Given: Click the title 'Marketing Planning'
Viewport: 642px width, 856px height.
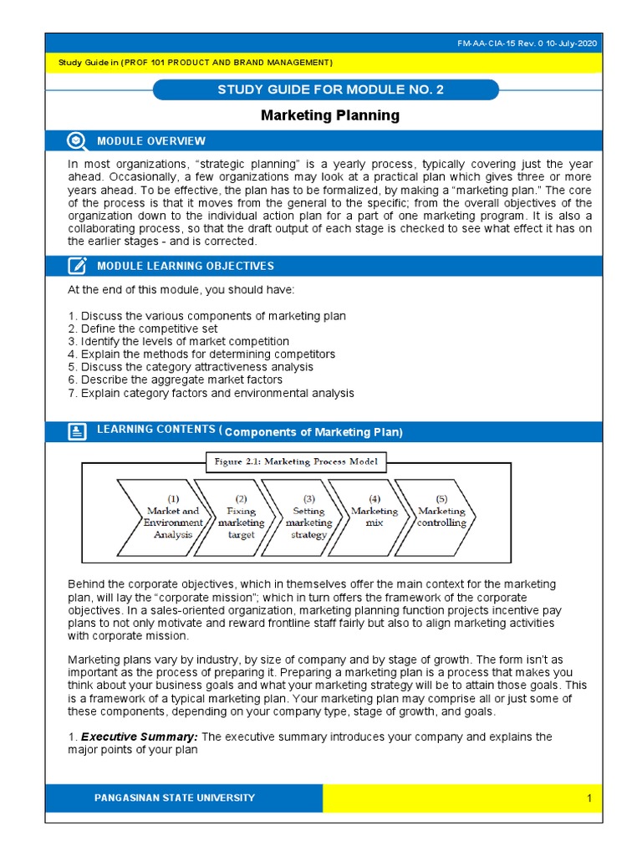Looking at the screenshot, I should click(x=330, y=115).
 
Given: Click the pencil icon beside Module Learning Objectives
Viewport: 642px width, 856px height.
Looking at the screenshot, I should click(x=77, y=266).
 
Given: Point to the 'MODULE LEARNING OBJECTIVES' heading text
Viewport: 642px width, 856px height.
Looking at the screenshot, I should click(x=186, y=266).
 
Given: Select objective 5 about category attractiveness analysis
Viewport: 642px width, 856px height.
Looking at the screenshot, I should click(x=191, y=367).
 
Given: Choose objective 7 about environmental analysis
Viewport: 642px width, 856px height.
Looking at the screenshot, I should click(x=211, y=393).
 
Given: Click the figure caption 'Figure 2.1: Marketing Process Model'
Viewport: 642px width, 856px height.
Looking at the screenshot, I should click(x=296, y=461).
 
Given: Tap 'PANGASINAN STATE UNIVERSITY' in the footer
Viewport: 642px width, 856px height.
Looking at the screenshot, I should click(x=175, y=798).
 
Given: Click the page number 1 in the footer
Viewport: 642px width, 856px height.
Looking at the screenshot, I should click(x=588, y=799).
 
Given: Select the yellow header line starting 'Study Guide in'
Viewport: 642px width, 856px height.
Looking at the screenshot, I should click(x=195, y=63).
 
